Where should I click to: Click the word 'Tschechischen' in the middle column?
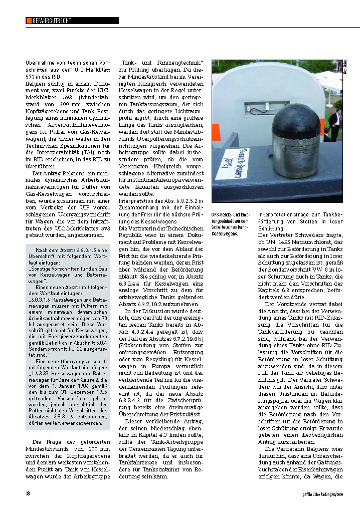tap(176, 227)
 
